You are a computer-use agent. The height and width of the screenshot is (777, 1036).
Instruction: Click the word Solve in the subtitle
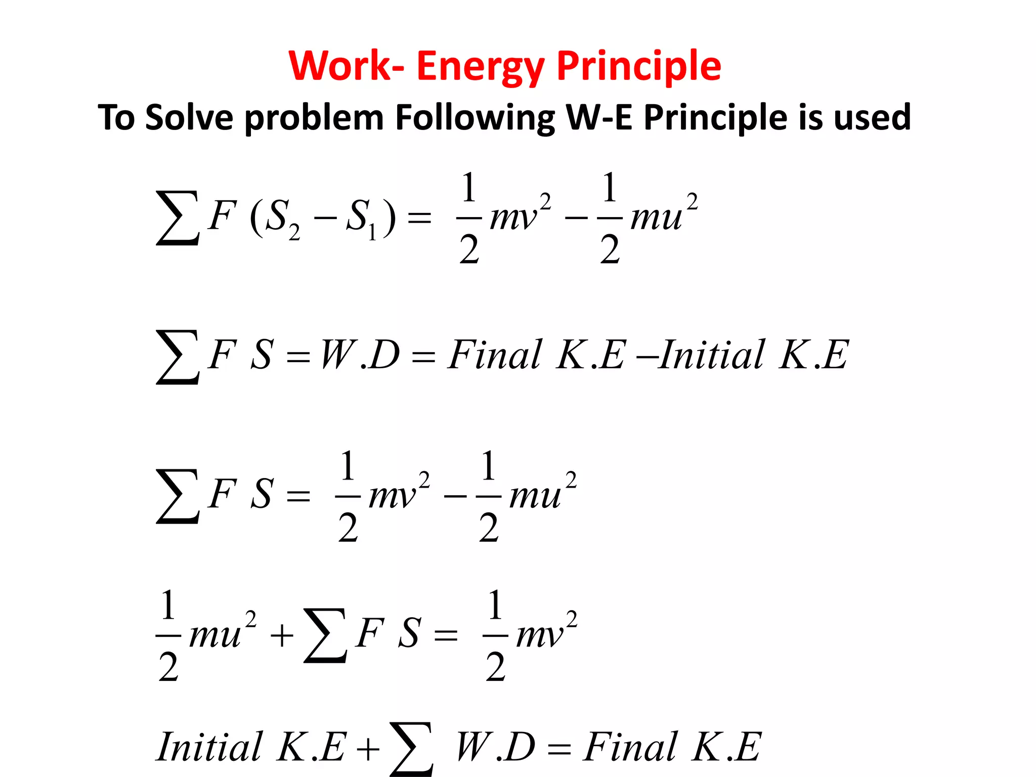[189, 117]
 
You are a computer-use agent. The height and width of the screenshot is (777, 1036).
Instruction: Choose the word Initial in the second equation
[711, 355]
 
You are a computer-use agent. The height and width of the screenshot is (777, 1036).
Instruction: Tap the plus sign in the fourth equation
[282, 636]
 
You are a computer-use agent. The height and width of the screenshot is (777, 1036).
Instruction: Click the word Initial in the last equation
[209, 747]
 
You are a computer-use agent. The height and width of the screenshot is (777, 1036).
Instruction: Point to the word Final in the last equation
[630, 747]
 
